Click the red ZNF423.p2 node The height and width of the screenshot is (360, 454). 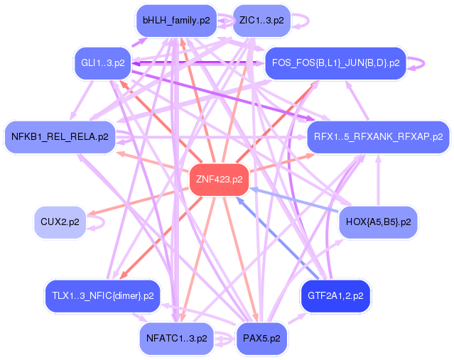(x=219, y=180)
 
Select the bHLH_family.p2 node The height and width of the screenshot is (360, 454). (x=176, y=21)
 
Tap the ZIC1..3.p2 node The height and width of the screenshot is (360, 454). (x=261, y=21)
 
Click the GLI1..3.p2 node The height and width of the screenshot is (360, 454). (x=103, y=63)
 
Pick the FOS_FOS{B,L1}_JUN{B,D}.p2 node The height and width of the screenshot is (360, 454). (x=335, y=63)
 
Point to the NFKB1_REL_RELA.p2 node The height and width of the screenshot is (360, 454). (x=60, y=137)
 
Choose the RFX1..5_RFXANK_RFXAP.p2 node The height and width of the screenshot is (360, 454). (x=379, y=137)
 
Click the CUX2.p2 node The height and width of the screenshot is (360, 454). (x=60, y=222)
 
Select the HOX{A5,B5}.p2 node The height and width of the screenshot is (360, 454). (x=378, y=222)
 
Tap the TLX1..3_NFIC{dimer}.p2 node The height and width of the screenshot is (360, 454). (x=103, y=296)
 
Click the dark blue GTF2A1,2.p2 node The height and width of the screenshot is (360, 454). (x=335, y=296)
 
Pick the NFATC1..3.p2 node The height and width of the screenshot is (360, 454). (x=177, y=339)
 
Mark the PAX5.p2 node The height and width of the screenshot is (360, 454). (x=261, y=339)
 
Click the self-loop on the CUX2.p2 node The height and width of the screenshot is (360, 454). (x=104, y=222)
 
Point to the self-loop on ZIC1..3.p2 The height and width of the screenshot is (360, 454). (x=308, y=21)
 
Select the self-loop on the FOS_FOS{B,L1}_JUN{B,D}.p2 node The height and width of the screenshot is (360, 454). (x=424, y=63)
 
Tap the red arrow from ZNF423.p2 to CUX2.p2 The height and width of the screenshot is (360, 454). (x=138, y=202)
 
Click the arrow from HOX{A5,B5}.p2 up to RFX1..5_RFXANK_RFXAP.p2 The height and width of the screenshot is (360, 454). (x=378, y=180)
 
